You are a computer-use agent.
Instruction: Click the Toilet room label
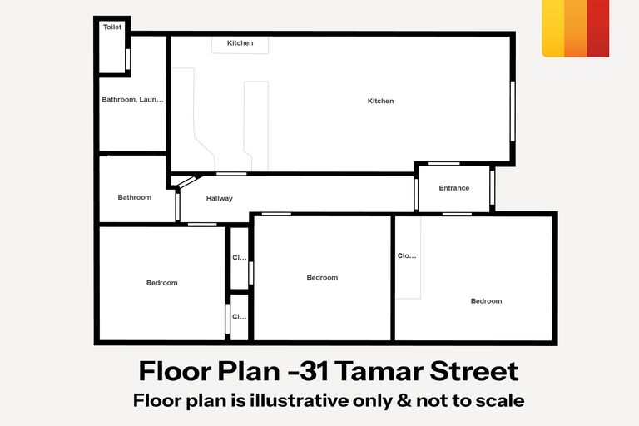112,27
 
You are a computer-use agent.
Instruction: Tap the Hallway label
220,198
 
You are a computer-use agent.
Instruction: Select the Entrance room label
454,188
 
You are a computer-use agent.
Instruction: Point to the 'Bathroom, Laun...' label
132,100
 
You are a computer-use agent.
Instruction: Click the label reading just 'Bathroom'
135,197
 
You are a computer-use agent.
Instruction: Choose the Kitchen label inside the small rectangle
240,43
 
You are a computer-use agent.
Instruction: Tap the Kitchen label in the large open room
380,101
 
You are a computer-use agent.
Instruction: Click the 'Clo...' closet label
406,256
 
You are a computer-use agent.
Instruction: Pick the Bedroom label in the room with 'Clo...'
486,300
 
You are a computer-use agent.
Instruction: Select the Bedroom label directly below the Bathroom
162,283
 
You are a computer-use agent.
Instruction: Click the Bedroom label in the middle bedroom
322,277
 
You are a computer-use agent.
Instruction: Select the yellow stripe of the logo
552,28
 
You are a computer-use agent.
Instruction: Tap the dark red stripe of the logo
597,28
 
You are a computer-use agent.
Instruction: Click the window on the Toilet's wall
127,59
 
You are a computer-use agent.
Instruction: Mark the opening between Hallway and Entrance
415,194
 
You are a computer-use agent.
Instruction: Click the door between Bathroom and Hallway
177,206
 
